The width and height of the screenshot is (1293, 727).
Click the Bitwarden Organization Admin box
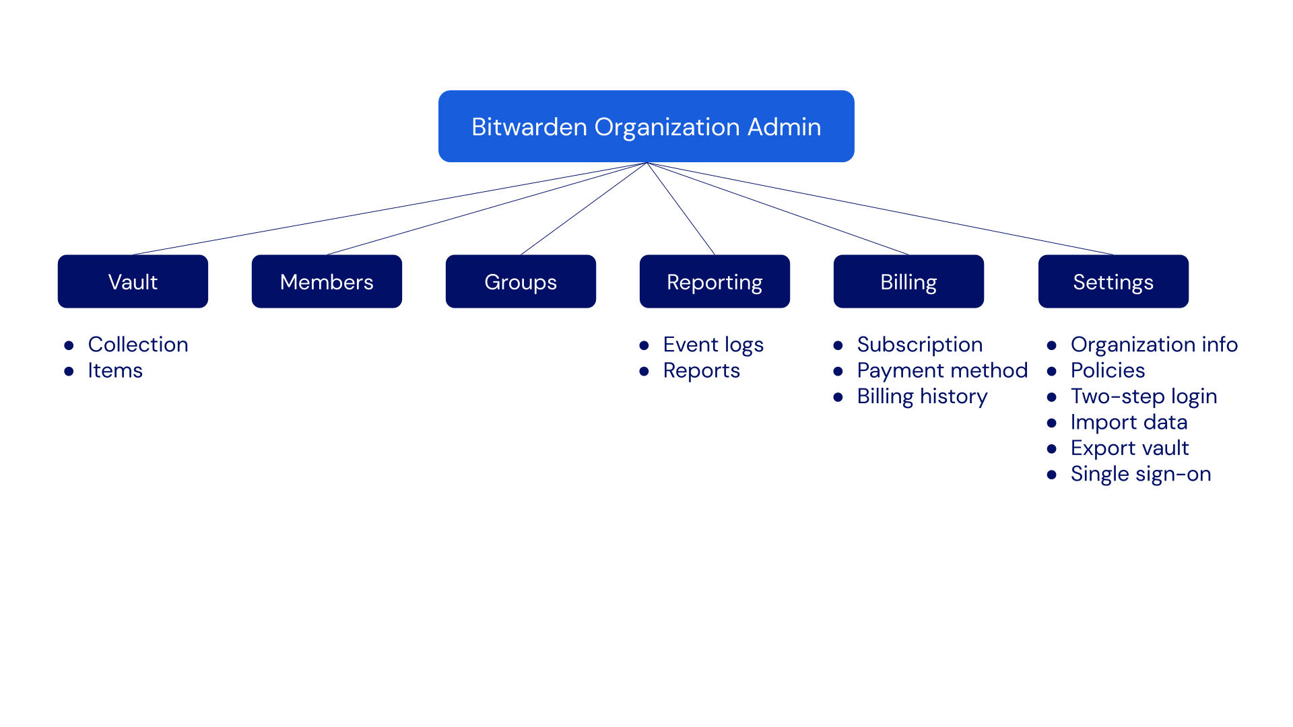click(646, 127)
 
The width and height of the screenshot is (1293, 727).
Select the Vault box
click(133, 281)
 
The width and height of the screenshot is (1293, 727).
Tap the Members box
click(327, 281)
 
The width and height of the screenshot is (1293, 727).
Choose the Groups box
click(521, 281)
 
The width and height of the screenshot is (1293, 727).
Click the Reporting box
click(715, 281)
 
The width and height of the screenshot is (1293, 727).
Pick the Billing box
click(908, 281)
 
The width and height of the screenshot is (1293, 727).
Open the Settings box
click(1113, 281)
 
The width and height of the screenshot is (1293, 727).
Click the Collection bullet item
click(138, 345)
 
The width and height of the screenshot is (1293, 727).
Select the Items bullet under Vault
click(115, 371)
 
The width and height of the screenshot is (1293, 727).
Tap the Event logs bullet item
click(713, 345)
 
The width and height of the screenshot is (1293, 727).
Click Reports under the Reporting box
click(701, 371)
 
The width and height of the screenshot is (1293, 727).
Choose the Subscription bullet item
click(919, 345)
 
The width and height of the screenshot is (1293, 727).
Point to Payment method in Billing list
click(941, 371)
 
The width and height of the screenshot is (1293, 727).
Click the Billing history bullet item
click(922, 396)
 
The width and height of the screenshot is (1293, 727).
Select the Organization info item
click(1154, 345)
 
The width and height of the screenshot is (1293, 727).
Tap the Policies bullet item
click(1108, 371)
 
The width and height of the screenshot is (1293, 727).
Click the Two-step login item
click(1143, 396)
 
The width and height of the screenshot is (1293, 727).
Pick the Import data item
click(1129, 423)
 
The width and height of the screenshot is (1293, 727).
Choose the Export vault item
click(1129, 448)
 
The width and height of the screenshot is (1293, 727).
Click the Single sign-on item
click(1141, 474)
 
